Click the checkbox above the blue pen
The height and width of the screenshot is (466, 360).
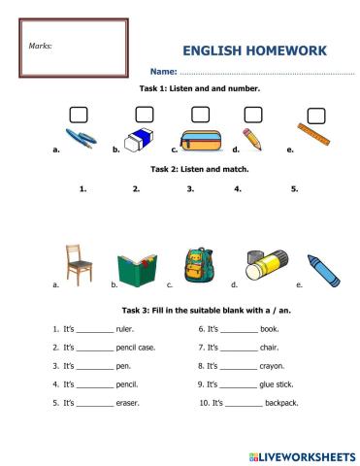78,116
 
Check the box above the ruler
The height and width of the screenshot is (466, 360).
313,115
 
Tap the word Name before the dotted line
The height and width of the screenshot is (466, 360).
162,73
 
